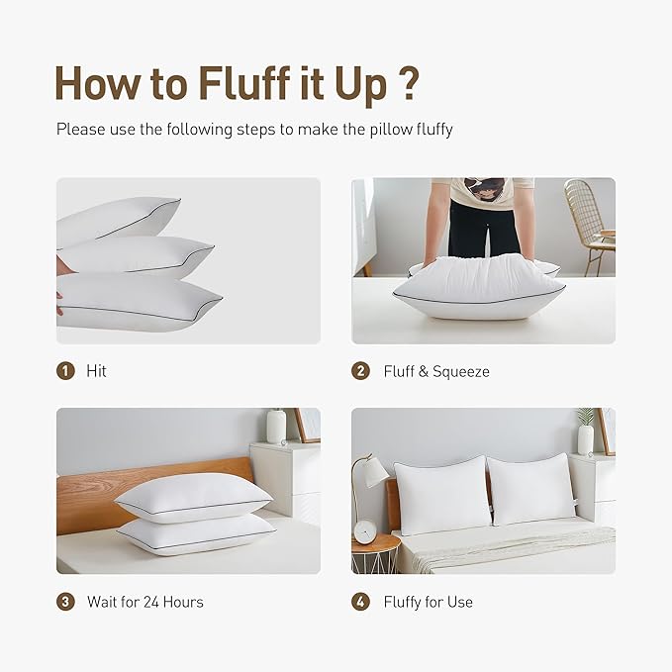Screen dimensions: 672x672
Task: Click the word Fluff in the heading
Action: pos(244,83)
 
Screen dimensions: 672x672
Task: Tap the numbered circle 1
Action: pos(65,371)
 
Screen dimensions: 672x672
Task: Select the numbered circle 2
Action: pos(360,371)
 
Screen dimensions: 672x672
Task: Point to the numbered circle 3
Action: pos(65,602)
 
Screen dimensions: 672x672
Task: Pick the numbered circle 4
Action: pos(360,602)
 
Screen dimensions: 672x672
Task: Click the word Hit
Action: pos(96,371)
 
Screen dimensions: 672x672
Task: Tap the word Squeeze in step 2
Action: pos(461,371)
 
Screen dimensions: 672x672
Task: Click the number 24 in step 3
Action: pos(150,602)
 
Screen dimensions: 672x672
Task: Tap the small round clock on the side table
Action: pos(365,532)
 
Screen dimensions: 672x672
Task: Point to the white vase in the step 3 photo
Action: pos(276,427)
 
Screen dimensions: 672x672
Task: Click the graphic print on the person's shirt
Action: pos(483,189)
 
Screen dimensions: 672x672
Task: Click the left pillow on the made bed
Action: pos(441,495)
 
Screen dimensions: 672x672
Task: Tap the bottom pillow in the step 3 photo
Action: pos(196,535)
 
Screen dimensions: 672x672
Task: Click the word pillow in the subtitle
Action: pos(391,130)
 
